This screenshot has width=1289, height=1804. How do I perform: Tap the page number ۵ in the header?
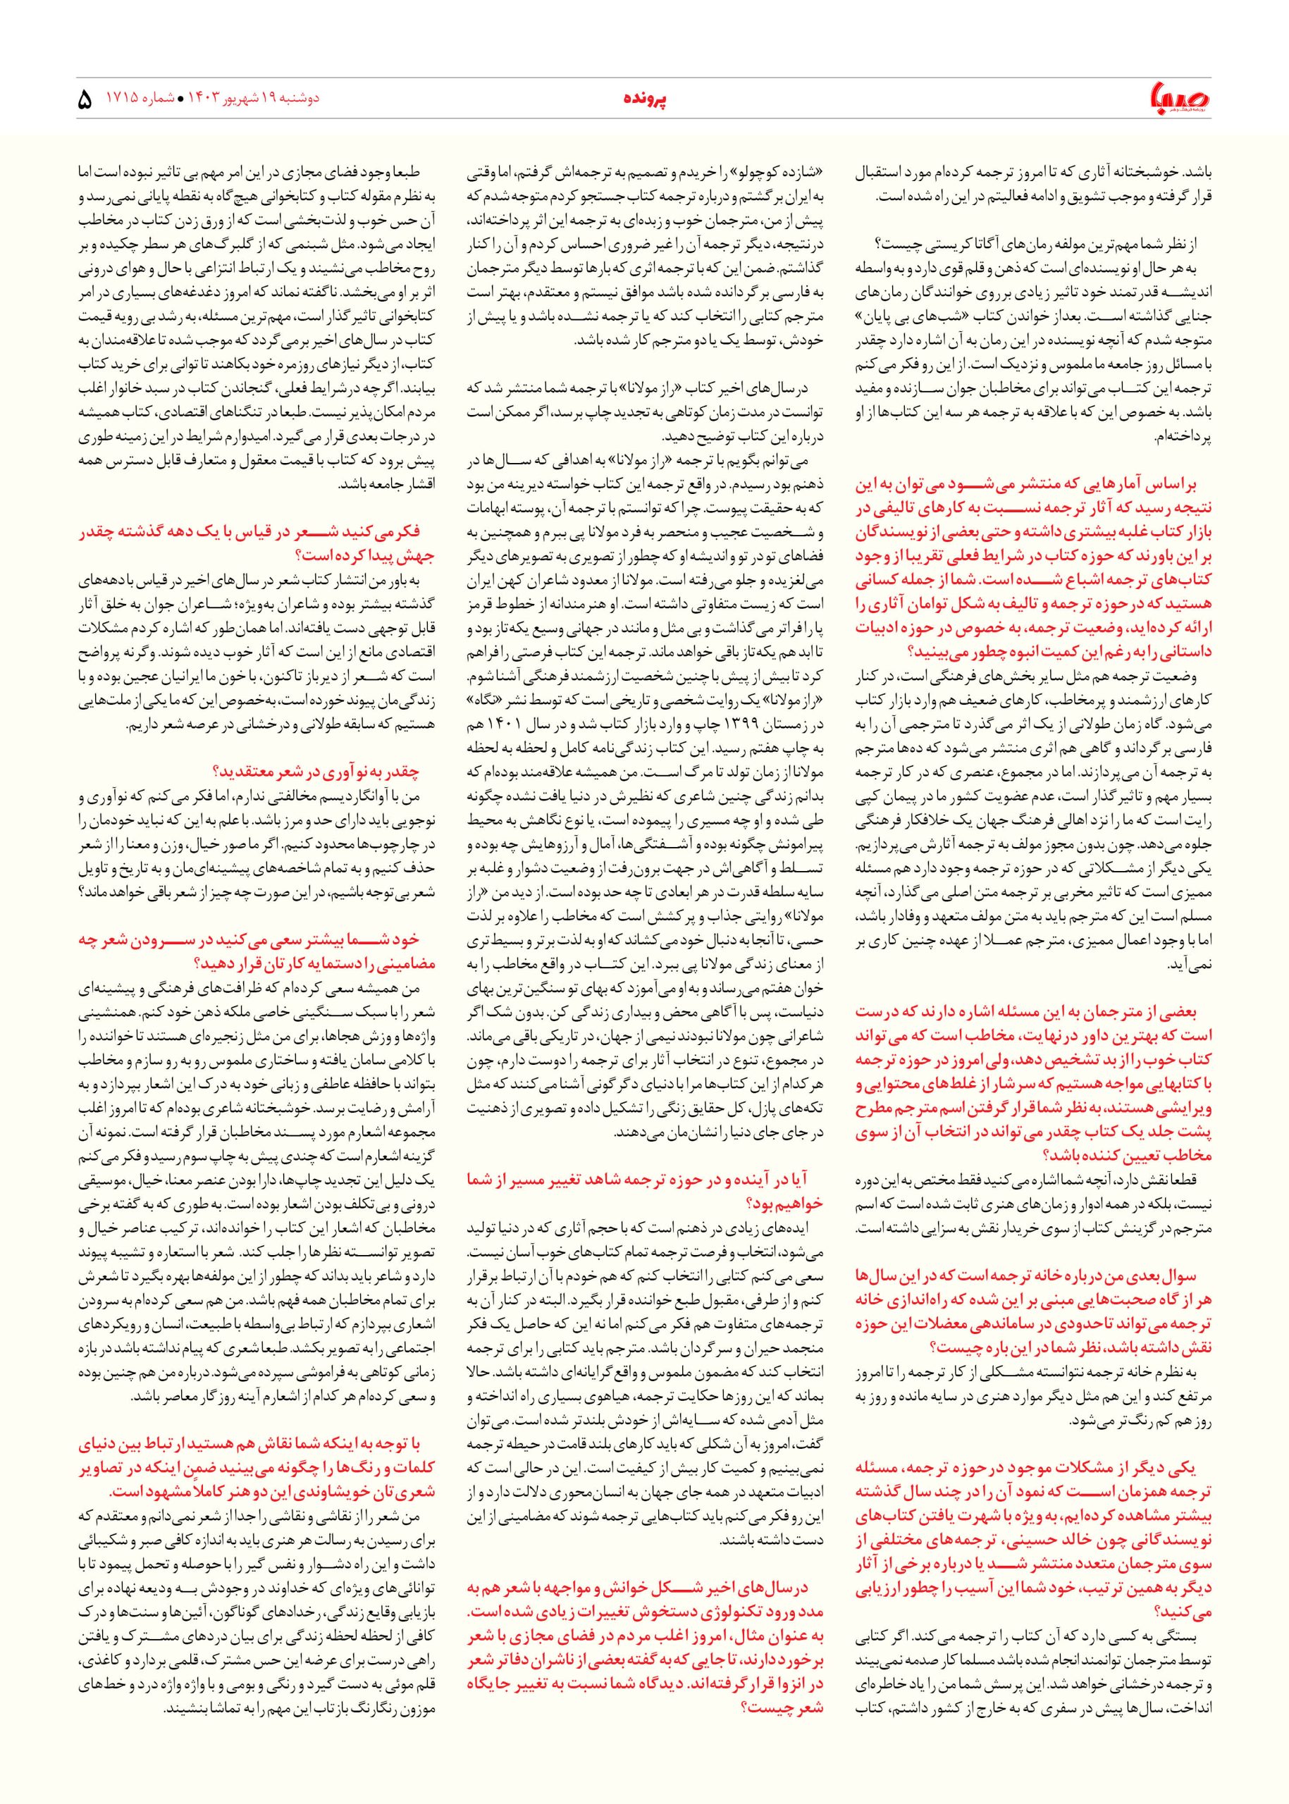click(87, 101)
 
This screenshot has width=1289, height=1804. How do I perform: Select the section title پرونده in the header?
click(643, 100)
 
